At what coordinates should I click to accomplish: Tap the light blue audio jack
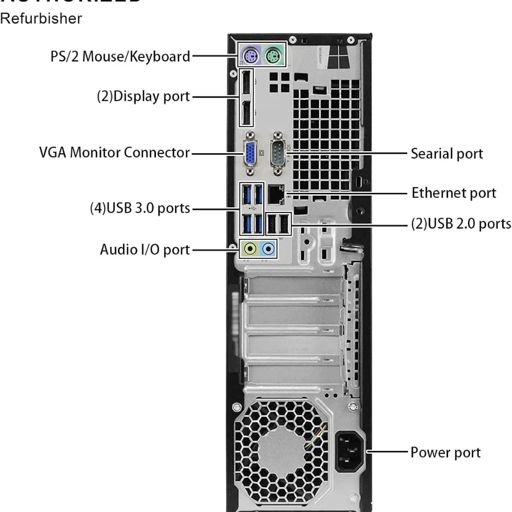pyautogui.click(x=269, y=247)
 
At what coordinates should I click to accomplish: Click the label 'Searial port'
pyautogui.click(x=447, y=154)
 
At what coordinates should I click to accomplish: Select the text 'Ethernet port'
pyautogui.click(x=453, y=193)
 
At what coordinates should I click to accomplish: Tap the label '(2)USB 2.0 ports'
pyautogui.click(x=460, y=223)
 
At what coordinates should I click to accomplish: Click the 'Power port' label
pyautogui.click(x=445, y=452)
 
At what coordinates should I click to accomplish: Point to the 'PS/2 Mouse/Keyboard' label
pyautogui.click(x=120, y=56)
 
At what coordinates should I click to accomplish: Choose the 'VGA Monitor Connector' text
pyautogui.click(x=114, y=153)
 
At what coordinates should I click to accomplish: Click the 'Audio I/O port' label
pyautogui.click(x=145, y=249)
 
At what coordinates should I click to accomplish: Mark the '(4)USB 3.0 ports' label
pyautogui.click(x=140, y=208)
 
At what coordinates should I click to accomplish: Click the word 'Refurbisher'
pyautogui.click(x=41, y=19)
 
